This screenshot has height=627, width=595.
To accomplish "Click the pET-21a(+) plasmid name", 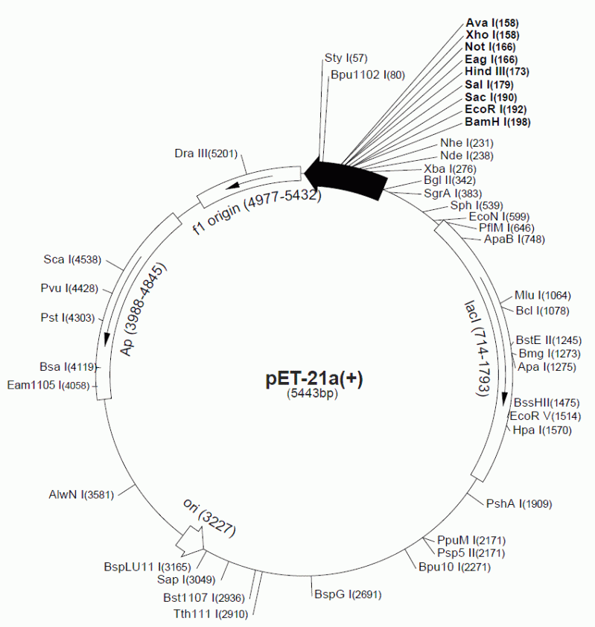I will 314,378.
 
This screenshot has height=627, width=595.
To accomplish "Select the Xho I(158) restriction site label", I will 492,34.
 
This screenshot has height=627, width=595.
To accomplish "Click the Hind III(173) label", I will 496,71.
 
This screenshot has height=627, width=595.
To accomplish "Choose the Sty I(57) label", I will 346,57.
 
